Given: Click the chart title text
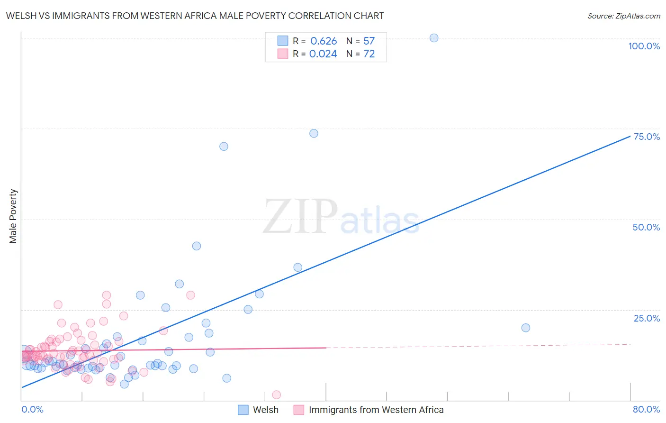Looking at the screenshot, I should pos(195,16).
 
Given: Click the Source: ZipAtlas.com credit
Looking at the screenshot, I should pos(623,16).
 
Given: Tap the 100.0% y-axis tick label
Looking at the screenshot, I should pos(644,46).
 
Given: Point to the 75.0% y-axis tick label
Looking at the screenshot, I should pos(647,137).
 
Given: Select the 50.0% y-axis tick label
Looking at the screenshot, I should pos(646,227).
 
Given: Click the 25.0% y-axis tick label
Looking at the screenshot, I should pos(647,318).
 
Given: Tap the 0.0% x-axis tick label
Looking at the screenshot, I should pos(32,409).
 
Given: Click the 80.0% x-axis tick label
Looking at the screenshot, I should pos(646,409).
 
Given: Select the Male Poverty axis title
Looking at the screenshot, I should pos(13,216).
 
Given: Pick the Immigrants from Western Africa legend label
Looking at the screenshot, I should pos(376,410).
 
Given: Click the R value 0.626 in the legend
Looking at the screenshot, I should pos(324,41).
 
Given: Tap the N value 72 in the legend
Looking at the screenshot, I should pos(369,54).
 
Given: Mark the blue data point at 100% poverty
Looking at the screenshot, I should pos(434,38).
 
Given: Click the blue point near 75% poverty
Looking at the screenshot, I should pos(314,133).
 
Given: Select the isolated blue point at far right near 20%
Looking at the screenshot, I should pos(525,328).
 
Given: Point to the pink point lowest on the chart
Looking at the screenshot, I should pos(277,395).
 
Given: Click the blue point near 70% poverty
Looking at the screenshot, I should pos(224,147).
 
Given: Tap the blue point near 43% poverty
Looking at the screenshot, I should pos(197,246).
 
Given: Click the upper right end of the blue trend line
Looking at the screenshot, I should pos(630,136).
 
